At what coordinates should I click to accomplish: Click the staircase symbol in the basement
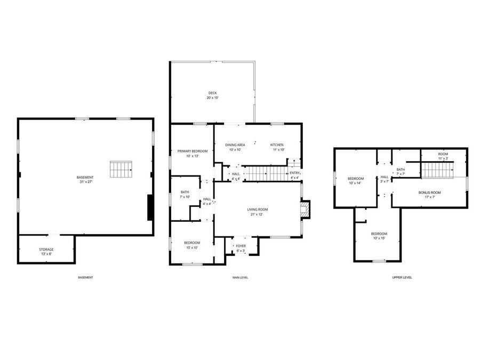[x=121, y=169]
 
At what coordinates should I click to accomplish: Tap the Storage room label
[x=46, y=251]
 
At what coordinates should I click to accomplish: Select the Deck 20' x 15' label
[x=212, y=95]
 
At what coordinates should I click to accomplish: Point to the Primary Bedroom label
[x=193, y=154]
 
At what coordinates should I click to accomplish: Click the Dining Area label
[x=235, y=147]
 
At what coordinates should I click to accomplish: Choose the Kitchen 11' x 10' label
[x=277, y=147]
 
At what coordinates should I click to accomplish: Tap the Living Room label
[x=257, y=212]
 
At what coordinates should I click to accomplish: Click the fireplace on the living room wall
[x=305, y=210]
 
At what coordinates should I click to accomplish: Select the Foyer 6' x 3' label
[x=241, y=248]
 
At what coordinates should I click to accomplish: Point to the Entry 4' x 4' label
[x=295, y=175]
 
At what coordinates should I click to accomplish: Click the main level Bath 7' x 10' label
[x=185, y=194]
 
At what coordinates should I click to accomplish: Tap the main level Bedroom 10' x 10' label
[x=191, y=245]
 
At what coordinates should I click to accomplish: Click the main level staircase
[x=266, y=173]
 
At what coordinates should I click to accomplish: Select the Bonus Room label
[x=429, y=194]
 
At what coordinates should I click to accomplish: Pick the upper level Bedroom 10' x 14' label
[x=355, y=181]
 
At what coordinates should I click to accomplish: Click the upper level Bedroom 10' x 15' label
[x=379, y=236]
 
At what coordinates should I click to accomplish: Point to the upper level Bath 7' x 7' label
[x=401, y=172]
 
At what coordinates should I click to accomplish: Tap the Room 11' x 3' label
[x=443, y=156]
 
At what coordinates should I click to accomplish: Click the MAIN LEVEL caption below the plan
[x=240, y=277]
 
